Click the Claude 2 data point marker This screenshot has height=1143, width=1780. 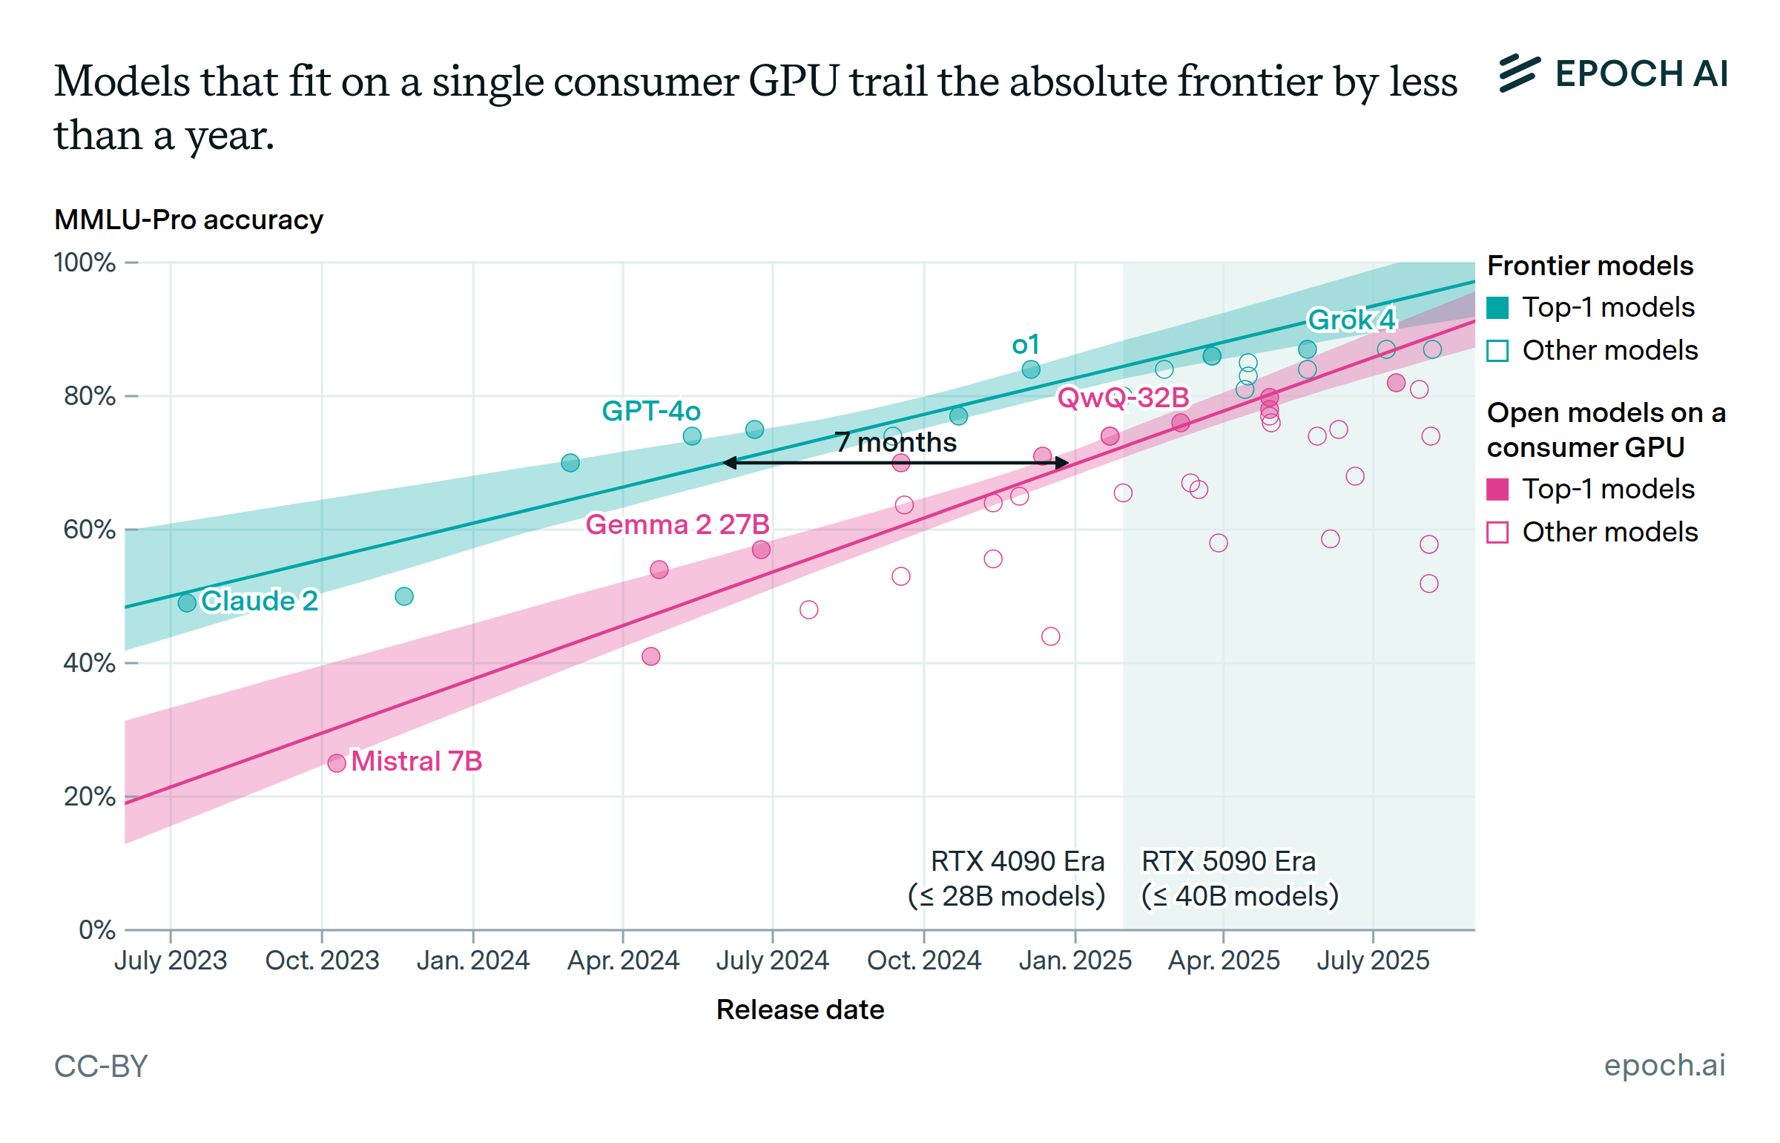(187, 603)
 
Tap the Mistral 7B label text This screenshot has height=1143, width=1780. (416, 761)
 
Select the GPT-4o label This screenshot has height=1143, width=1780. (650, 410)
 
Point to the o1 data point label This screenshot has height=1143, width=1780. (1026, 344)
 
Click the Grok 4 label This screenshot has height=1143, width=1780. (1351, 320)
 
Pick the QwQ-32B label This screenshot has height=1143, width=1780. (1123, 398)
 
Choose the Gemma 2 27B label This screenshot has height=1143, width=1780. (676, 524)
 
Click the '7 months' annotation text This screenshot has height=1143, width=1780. (896, 442)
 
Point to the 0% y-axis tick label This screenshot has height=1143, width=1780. (96, 930)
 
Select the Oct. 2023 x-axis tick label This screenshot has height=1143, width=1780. (322, 961)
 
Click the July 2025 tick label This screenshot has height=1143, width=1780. (1373, 961)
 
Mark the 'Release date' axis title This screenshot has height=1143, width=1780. (800, 1009)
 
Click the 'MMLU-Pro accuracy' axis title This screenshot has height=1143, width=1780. (188, 220)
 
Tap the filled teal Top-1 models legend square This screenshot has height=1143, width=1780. (1497, 307)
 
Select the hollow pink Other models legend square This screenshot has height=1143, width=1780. (1497, 532)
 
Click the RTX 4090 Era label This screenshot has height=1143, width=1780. (1017, 862)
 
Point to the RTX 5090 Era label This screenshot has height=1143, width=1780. (1228, 862)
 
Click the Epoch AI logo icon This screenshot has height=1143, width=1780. (1519, 73)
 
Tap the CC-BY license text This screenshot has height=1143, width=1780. (101, 1066)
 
